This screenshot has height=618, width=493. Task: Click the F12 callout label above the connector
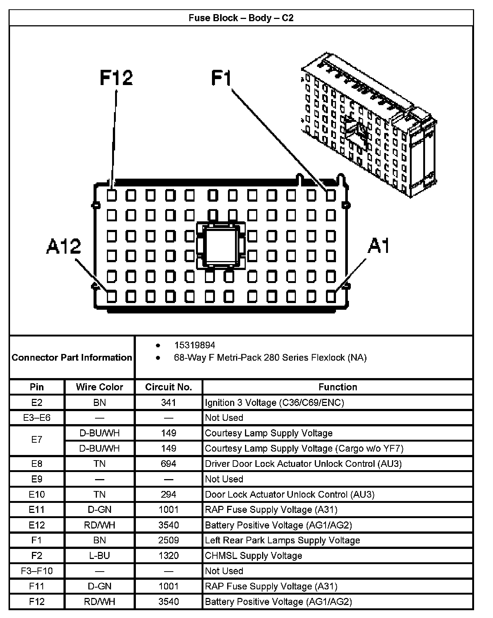tap(116, 78)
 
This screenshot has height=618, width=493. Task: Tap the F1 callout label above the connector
tap(222, 78)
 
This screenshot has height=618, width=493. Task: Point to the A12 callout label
tap(63, 246)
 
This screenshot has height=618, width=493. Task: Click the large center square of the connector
tap(221, 245)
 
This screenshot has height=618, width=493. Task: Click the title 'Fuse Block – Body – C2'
tap(241, 18)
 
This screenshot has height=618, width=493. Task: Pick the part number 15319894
tap(195, 345)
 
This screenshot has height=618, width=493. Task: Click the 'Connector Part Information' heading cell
tap(72, 357)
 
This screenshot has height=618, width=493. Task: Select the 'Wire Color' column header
tap(99, 387)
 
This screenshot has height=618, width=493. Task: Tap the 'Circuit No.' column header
tap(169, 387)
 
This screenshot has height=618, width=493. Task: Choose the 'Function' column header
tap(337, 387)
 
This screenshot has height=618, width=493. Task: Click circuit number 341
tap(169, 403)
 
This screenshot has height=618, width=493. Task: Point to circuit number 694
tap(169, 464)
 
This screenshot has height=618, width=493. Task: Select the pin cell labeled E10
tap(37, 494)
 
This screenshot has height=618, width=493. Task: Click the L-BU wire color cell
tap(99, 556)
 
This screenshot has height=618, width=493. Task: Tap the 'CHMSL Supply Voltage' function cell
tap(254, 556)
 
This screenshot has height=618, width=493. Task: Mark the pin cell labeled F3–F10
tap(37, 571)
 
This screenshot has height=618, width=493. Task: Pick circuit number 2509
tap(169, 540)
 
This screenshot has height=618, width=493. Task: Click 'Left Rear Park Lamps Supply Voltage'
tap(282, 540)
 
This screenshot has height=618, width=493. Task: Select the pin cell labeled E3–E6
tap(37, 418)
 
